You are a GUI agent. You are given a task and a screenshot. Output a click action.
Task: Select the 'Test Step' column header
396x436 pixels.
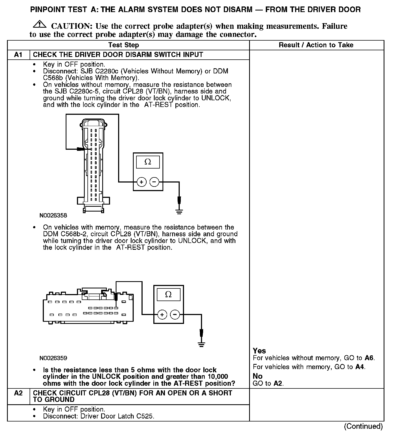(123, 45)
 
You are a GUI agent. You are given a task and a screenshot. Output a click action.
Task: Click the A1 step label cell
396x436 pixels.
(18, 55)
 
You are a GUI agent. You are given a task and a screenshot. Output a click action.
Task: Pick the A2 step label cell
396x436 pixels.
(18, 393)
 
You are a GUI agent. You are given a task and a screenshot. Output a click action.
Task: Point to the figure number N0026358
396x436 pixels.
(53, 215)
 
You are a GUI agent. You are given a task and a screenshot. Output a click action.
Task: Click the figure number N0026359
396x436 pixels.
(53, 358)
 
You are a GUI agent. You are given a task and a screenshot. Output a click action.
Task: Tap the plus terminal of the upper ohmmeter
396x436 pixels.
(142, 182)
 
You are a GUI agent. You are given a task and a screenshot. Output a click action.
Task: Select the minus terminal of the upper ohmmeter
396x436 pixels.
(154, 182)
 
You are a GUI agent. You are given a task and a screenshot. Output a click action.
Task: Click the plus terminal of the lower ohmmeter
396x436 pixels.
(162, 315)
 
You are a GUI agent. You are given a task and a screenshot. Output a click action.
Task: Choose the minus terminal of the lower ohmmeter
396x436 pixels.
(175, 315)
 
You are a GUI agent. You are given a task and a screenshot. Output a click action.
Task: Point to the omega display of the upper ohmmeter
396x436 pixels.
(148, 162)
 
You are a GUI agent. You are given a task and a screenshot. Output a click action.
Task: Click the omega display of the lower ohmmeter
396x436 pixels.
(168, 294)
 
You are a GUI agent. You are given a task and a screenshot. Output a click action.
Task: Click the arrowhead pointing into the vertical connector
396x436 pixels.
(80, 149)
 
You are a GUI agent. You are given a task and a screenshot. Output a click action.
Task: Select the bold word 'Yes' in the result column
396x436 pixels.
(259, 351)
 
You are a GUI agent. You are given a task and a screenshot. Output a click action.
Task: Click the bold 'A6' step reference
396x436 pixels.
(369, 358)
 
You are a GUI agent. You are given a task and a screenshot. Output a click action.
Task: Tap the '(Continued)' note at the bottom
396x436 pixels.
(363, 426)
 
